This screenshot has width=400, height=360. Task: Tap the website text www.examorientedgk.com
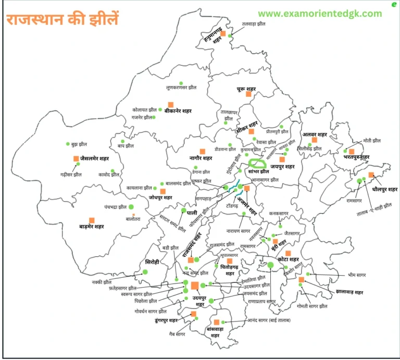320,14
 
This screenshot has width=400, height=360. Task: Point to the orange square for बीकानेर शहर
170,104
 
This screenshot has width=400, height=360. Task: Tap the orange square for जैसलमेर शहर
76,158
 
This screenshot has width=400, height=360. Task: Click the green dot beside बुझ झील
68,144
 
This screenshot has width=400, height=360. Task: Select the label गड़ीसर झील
70,175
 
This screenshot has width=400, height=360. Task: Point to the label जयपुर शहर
279,167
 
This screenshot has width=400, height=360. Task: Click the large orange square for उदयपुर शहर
195,285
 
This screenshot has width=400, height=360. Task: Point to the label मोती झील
372,141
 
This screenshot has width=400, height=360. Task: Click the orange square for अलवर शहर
314,140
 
